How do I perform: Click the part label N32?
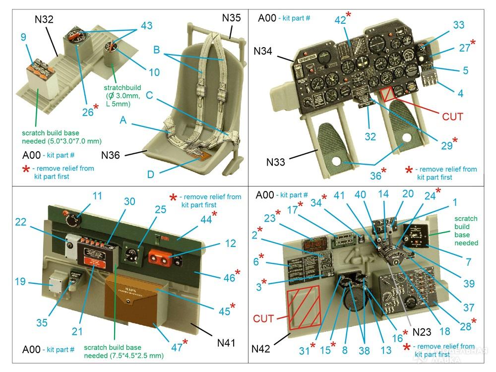click(x=44, y=20)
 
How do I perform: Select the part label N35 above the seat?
click(x=232, y=18)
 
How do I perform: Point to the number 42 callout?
click(x=340, y=20)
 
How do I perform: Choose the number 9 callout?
click(x=23, y=37)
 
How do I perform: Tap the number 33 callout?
click(x=459, y=25)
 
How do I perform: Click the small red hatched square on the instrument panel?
click(x=387, y=95)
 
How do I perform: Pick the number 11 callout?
click(x=97, y=196)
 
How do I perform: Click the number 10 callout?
click(x=154, y=72)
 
